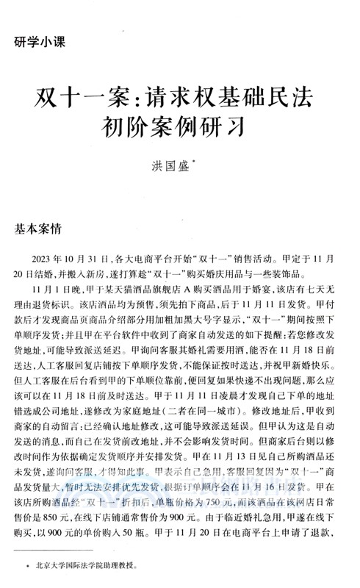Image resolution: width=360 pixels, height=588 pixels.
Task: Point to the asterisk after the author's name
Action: pyautogui.click(x=193, y=168)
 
